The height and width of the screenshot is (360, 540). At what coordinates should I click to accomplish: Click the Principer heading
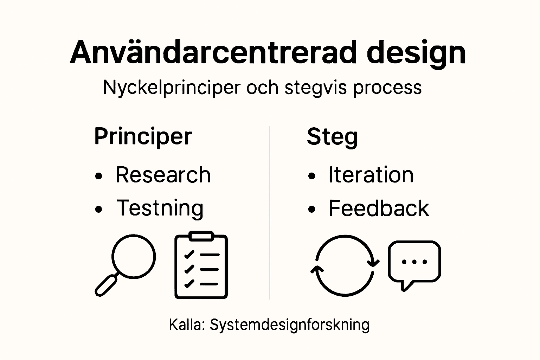pyautogui.click(x=143, y=136)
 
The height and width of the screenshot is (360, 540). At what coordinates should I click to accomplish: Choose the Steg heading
pyautogui.click(x=332, y=136)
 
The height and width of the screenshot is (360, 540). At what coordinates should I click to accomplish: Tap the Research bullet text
pyautogui.click(x=163, y=175)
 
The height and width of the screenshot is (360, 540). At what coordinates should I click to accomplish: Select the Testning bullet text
pyautogui.click(x=160, y=208)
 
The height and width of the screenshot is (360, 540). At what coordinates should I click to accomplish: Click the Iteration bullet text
pyautogui.click(x=371, y=175)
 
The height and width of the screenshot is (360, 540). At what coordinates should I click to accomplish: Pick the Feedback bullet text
pyautogui.click(x=379, y=208)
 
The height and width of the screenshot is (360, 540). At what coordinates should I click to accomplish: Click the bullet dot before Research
pyautogui.click(x=99, y=176)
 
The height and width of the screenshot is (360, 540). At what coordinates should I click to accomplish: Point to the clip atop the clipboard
pyautogui.click(x=201, y=236)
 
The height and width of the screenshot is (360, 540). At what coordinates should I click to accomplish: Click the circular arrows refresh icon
pyautogui.click(x=345, y=266)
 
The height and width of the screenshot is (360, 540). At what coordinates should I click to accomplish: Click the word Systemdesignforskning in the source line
pyautogui.click(x=289, y=325)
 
